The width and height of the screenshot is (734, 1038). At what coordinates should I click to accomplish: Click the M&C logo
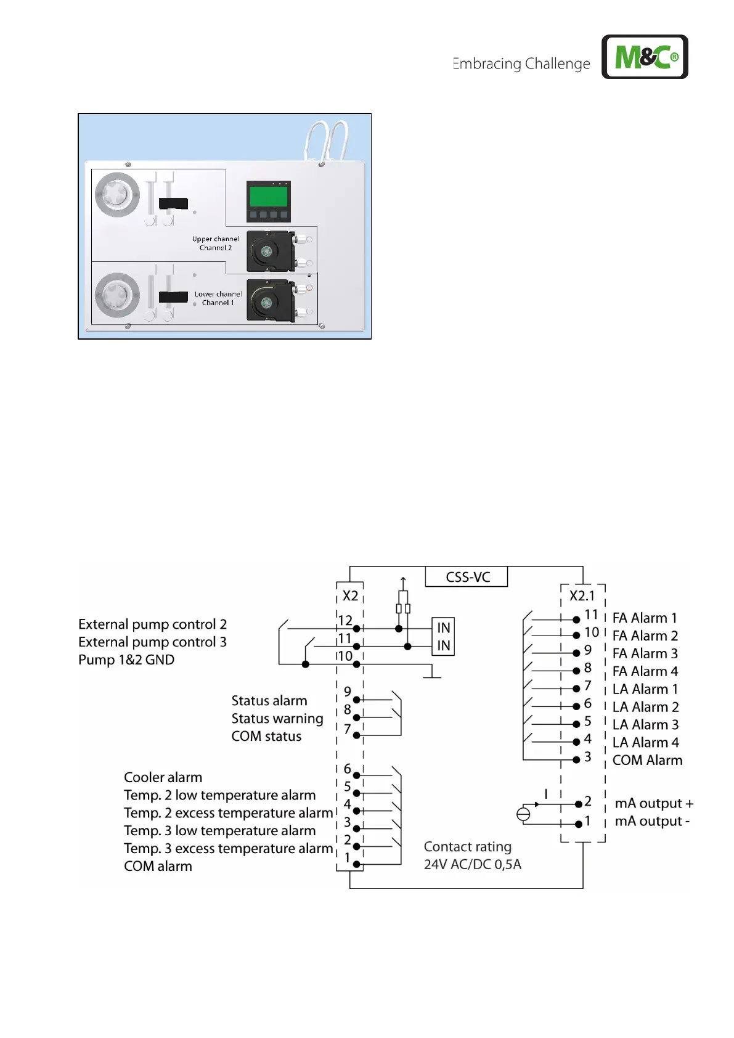pos(645,57)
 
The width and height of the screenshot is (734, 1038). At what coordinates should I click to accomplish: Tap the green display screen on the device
pos(268,196)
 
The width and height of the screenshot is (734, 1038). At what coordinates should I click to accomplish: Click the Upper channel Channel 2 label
pos(215,243)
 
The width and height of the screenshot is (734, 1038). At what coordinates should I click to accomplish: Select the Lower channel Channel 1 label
pos(218,298)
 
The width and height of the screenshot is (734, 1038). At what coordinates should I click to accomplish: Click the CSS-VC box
pos(467,577)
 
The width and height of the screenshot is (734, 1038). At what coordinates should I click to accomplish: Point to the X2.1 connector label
pos(582,596)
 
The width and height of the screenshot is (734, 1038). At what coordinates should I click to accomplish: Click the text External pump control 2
pos(152,624)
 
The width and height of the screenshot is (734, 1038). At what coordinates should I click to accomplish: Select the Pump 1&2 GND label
pos(126,660)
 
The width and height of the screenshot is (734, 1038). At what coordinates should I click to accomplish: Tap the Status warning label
pos(277,719)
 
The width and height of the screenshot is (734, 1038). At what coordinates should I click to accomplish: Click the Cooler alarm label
pos(163,777)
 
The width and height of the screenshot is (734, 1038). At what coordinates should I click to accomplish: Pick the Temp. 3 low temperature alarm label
pos(219,831)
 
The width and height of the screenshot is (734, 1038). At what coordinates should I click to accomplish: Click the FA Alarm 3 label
pos(645,653)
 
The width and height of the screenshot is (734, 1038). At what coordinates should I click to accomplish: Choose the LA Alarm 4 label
pos(645,743)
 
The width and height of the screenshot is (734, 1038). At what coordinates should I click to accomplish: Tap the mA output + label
pos(654,804)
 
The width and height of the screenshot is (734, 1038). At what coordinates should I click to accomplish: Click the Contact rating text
pos(468,847)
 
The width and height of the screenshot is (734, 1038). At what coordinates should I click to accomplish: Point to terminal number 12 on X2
pos(345,621)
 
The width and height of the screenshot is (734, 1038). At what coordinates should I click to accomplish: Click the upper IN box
pos(443,627)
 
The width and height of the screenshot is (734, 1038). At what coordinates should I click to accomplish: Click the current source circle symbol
pos(523,814)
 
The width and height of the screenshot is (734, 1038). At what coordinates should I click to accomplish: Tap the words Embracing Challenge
pos(521,63)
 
